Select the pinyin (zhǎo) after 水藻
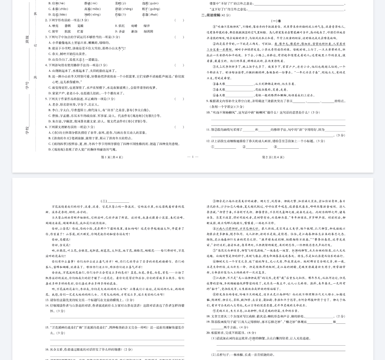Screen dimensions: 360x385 tap(63, 9)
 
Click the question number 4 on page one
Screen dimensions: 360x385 tap(46, 65)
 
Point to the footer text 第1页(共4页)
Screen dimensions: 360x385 tap(112, 157)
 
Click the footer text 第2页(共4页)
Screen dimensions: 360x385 tap(273, 157)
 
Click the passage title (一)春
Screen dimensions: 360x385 tap(276, 21)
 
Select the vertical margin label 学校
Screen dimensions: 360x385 tap(27, 130)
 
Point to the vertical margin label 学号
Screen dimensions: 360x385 tap(27, 85)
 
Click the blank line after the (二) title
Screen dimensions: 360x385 tap(118, 201)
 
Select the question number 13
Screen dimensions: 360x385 tap(47, 300)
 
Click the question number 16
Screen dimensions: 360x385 tap(47, 349)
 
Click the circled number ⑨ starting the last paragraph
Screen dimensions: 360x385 tap(214, 311)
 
